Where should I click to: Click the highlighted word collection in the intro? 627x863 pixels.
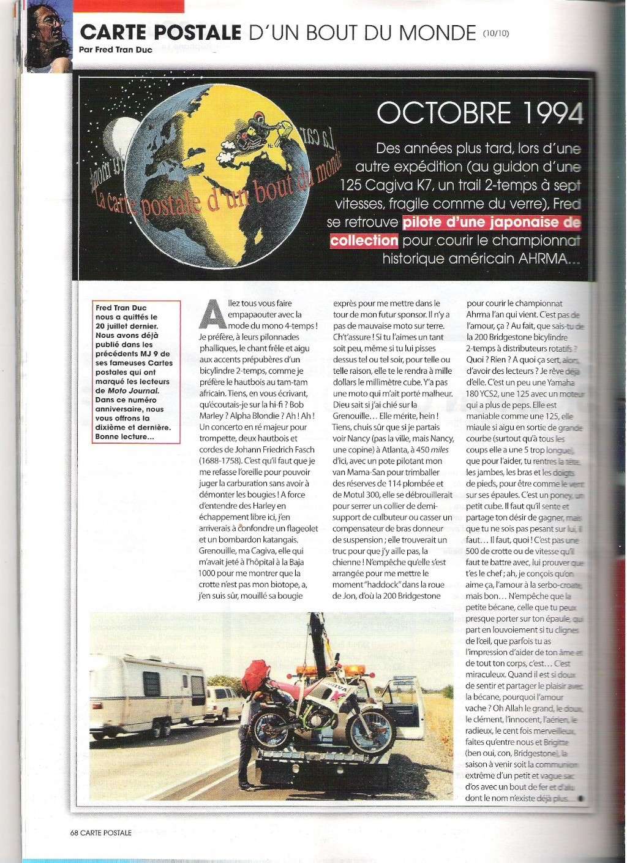364,240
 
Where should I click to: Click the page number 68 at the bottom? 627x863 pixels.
74,832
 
